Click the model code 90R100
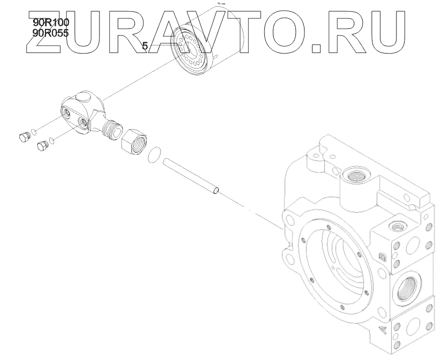click(x=51, y=22)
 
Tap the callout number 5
click(x=144, y=47)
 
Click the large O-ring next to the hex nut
click(x=155, y=153)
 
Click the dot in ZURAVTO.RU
click(x=317, y=49)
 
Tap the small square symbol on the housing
click(x=382, y=257)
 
